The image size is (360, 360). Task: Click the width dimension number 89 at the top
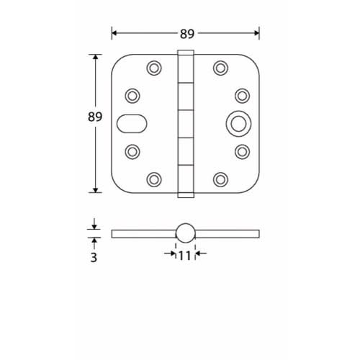tap(186, 32)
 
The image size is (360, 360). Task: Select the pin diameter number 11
tap(185, 254)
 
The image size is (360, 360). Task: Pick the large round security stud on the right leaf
tap(235, 123)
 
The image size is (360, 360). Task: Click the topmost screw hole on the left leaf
tap(153, 68)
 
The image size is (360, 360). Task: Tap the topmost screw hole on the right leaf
tap(219, 68)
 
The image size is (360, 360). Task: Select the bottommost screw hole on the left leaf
tap(153, 179)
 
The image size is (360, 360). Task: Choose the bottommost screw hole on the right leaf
tap(219, 179)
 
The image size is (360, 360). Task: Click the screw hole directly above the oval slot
tap(132, 95)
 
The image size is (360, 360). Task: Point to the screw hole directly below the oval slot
tap(132, 151)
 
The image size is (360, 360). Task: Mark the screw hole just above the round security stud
tap(241, 95)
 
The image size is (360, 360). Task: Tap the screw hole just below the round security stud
tap(241, 151)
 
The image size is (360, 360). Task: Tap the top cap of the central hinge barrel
tap(186, 53)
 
